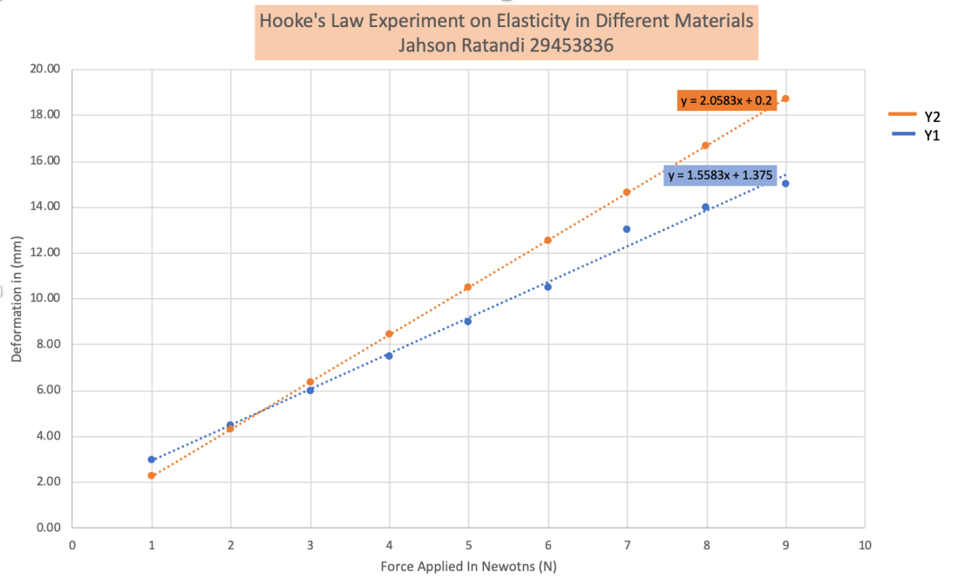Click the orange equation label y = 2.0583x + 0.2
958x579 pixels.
click(726, 101)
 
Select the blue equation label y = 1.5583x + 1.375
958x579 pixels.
click(718, 175)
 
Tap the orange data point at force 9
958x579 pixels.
click(785, 99)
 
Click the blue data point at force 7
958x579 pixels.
click(627, 229)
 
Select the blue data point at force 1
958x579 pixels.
click(152, 459)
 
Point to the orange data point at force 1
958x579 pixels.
click(152, 475)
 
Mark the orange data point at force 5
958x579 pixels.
click(468, 287)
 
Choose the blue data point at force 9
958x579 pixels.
click(785, 183)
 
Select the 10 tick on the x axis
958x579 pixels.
click(865, 545)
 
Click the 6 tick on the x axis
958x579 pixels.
click(547, 545)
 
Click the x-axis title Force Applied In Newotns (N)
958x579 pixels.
click(468, 566)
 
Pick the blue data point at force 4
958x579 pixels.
click(389, 356)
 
